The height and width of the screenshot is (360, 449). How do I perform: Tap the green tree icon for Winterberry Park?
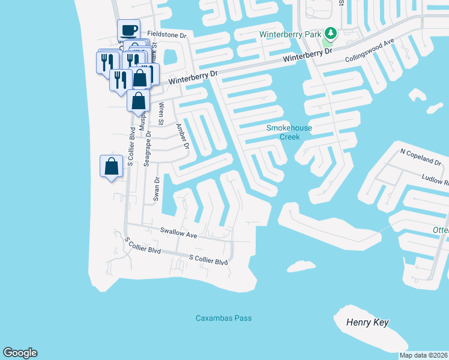pos(330,32)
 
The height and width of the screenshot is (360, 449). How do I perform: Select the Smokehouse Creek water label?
pos(283,132)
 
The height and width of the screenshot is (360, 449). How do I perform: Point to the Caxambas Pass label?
pos(224,318)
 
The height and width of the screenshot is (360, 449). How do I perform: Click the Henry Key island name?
pos(367,323)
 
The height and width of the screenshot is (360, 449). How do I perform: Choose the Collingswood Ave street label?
pos(369,52)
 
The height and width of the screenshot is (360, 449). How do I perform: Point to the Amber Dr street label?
pos(182,137)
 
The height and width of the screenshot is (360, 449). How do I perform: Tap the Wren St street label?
pos(161,113)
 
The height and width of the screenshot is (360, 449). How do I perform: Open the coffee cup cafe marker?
pos(128,29)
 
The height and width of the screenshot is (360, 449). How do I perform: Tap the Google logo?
pos(20,353)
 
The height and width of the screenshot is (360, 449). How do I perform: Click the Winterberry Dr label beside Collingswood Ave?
pos(307,55)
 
